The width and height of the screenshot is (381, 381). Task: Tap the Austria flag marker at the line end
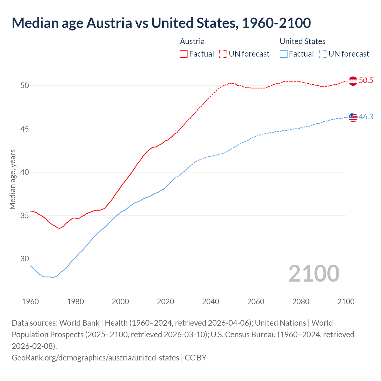pos(353,81)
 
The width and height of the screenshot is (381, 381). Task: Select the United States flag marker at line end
pos(353,117)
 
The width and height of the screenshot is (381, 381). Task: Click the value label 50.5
pos(366,81)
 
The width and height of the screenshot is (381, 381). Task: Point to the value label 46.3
pos(366,117)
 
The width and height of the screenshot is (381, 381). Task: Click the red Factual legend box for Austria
pos(184,54)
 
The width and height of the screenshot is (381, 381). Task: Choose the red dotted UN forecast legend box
pos(223,54)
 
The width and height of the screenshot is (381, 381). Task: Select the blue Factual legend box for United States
pos(284,54)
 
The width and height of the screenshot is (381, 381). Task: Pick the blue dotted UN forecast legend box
pos(323,54)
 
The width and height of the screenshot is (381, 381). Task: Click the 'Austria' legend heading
pos(192,41)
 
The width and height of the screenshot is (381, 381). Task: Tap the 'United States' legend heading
pos(302,41)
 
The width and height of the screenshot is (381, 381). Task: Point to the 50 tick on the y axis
pos(25,86)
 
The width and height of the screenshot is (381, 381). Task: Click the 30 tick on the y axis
pos(25,259)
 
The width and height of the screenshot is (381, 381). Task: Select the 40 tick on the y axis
pos(25,172)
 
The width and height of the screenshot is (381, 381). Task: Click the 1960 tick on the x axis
pos(30,302)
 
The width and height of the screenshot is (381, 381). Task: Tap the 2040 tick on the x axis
pos(211,302)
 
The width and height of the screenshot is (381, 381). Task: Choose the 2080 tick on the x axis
pos(301,302)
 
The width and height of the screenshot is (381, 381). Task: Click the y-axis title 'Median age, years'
pos(13,179)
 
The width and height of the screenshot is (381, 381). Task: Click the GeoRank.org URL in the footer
pos(95,357)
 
